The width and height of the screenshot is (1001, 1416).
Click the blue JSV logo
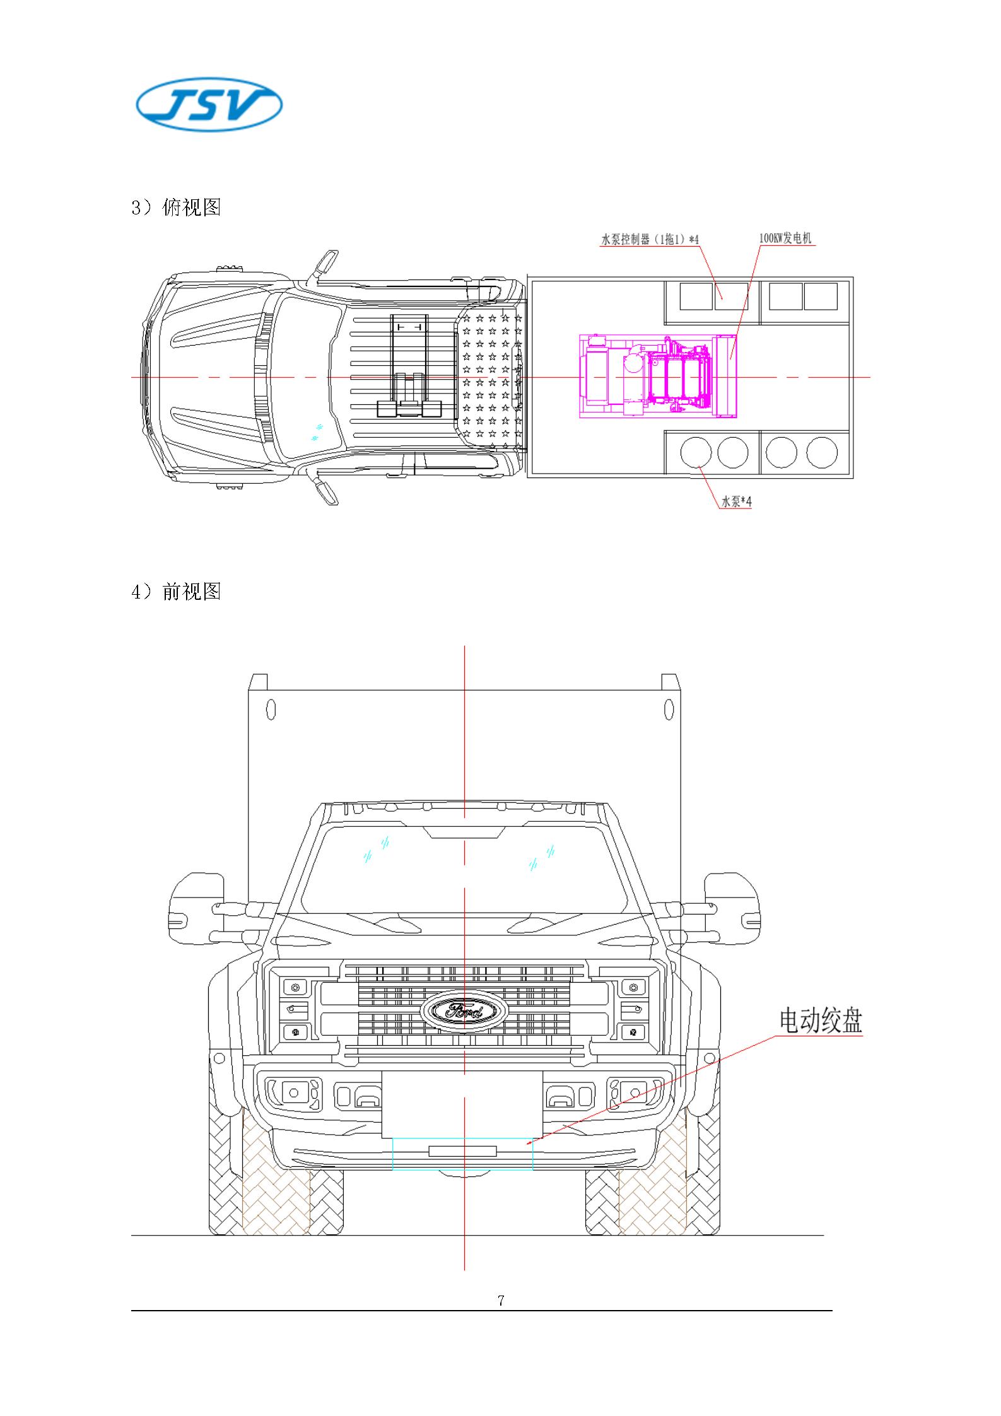[x=209, y=105]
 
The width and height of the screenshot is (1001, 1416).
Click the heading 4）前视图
[x=176, y=591]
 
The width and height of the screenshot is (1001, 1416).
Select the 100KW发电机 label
[x=785, y=238]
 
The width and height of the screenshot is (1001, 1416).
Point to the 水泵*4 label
[x=736, y=502]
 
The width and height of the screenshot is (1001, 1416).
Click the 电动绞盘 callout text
[x=820, y=1021]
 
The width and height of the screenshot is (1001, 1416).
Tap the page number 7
[x=501, y=1300]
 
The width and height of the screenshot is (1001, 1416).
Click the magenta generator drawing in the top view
[x=658, y=377]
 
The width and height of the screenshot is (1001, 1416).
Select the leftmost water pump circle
[x=696, y=452]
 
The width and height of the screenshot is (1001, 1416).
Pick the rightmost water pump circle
[x=822, y=452]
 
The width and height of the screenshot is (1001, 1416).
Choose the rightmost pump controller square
[x=821, y=296]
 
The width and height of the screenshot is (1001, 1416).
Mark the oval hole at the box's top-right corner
[x=669, y=710]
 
